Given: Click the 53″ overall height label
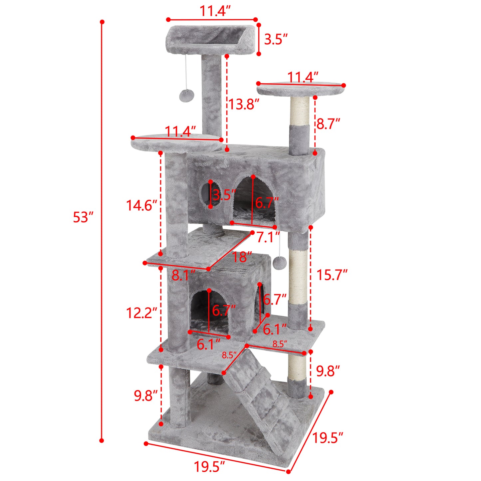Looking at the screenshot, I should coord(82,217).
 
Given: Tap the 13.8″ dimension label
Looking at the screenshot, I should coord(243,105).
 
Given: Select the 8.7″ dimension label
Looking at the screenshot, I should coord(328,124).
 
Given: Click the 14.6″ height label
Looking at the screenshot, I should coord(141,205).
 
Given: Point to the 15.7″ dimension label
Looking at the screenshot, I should coord(332,275).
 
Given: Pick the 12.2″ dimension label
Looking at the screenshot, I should coord(141,313).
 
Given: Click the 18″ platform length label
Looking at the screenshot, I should coord(242,257).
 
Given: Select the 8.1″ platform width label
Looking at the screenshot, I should coord(183,276).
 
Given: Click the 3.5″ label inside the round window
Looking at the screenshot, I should coord(224,195).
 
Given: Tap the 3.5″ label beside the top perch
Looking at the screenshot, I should coord(276,39).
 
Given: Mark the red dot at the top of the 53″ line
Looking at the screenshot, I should coord(102,22).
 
